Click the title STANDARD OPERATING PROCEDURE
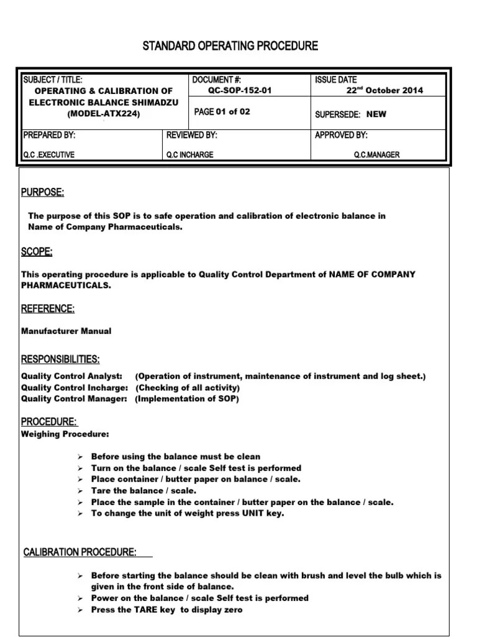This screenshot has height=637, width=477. [x=230, y=46]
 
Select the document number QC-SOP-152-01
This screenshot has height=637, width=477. [x=240, y=90]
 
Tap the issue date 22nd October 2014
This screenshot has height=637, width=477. [x=384, y=90]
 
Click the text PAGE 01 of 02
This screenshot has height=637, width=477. [x=222, y=112]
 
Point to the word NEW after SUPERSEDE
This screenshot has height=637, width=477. [x=376, y=114]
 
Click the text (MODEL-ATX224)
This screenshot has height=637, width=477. [x=104, y=114]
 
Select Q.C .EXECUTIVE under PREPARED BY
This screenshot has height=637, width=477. [x=48, y=155]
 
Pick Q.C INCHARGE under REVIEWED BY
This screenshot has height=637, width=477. [x=189, y=155]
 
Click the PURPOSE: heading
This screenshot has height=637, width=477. [x=43, y=192]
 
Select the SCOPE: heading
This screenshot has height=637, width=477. [x=37, y=251]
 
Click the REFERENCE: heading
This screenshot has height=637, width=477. [x=48, y=309]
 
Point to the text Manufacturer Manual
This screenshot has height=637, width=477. [x=66, y=331]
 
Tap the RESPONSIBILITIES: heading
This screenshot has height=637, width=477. [x=60, y=360]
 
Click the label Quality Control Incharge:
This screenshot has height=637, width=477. [x=75, y=388]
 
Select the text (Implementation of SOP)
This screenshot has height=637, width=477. [x=187, y=399]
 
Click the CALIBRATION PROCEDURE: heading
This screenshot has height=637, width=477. [x=80, y=552]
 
